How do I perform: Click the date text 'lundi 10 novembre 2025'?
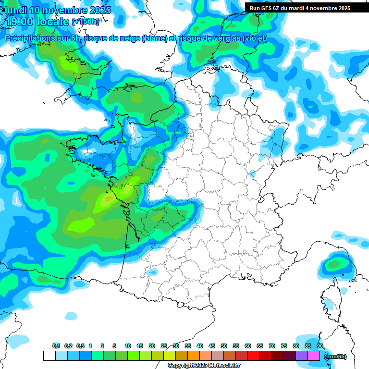point(58,10)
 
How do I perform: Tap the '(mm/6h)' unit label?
point(335,357)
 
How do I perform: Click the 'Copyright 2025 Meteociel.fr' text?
point(204,366)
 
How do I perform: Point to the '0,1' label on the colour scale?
point(56,346)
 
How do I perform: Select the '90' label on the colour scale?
point(320,346)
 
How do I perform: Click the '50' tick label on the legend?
point(224,346)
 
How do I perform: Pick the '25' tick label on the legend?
point(164,346)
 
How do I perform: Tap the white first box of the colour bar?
point(49,356)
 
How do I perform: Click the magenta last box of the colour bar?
point(314,356)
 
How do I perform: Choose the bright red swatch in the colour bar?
point(254,356)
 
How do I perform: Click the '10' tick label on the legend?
point(128,346)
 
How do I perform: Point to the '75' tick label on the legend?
point(284,346)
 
